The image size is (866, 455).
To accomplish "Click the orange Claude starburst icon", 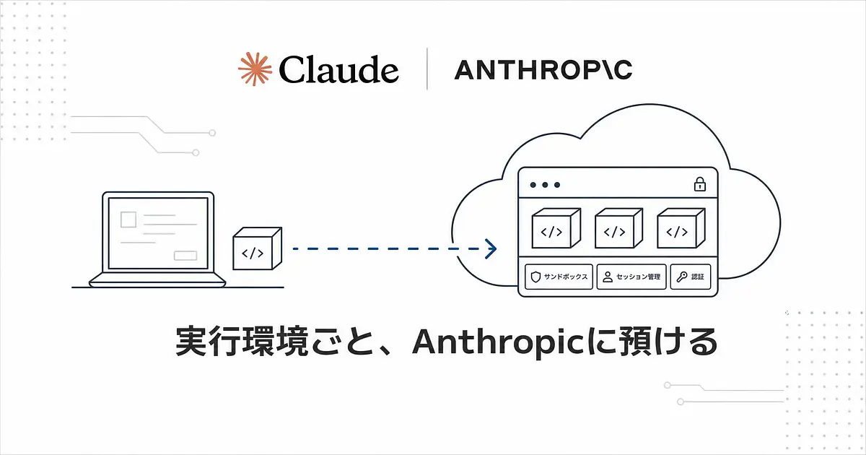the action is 255,69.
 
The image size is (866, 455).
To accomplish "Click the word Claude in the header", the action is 338,69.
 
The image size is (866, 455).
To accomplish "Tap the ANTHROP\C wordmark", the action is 543,69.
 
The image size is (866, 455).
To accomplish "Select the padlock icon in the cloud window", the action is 700,184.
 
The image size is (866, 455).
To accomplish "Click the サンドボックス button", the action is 559,277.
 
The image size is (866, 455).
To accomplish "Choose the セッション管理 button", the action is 631,277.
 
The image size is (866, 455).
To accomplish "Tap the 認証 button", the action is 691,277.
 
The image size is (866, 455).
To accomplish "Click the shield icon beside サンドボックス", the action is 535,277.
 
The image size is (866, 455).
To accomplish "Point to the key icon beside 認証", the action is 681,277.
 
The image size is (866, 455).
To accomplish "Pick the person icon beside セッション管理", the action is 608,277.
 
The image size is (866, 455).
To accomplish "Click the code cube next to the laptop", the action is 258,248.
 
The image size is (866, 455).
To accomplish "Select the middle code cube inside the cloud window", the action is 618,228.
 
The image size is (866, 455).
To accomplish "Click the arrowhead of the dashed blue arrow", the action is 491,248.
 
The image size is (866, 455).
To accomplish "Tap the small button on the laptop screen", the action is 185,256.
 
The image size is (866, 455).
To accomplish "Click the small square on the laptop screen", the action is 128,220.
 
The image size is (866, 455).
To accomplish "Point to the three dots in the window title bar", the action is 545,185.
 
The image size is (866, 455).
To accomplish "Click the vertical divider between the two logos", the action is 427,69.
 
